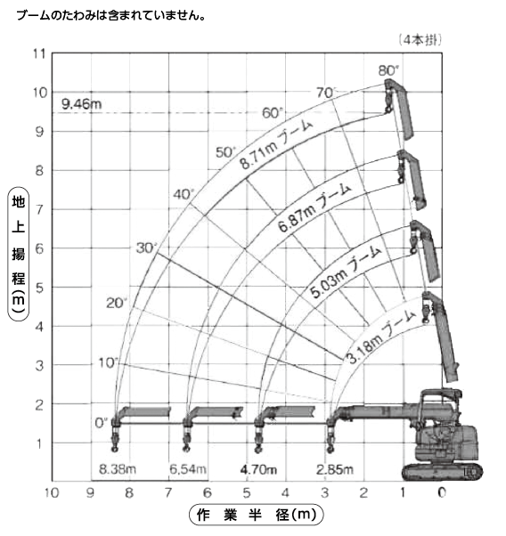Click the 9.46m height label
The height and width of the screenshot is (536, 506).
point(82,103)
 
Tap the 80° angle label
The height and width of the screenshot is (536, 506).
point(389,70)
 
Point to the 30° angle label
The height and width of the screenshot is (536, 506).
point(146,248)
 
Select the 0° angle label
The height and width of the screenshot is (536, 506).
point(102,423)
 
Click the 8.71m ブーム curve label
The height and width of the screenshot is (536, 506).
point(276,145)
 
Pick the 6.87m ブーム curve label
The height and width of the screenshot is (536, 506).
point(314,207)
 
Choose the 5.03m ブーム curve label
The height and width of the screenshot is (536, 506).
point(346,272)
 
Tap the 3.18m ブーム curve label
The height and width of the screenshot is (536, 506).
point(381,337)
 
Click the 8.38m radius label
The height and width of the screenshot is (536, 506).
point(118,469)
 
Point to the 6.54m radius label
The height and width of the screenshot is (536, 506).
point(188,469)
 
